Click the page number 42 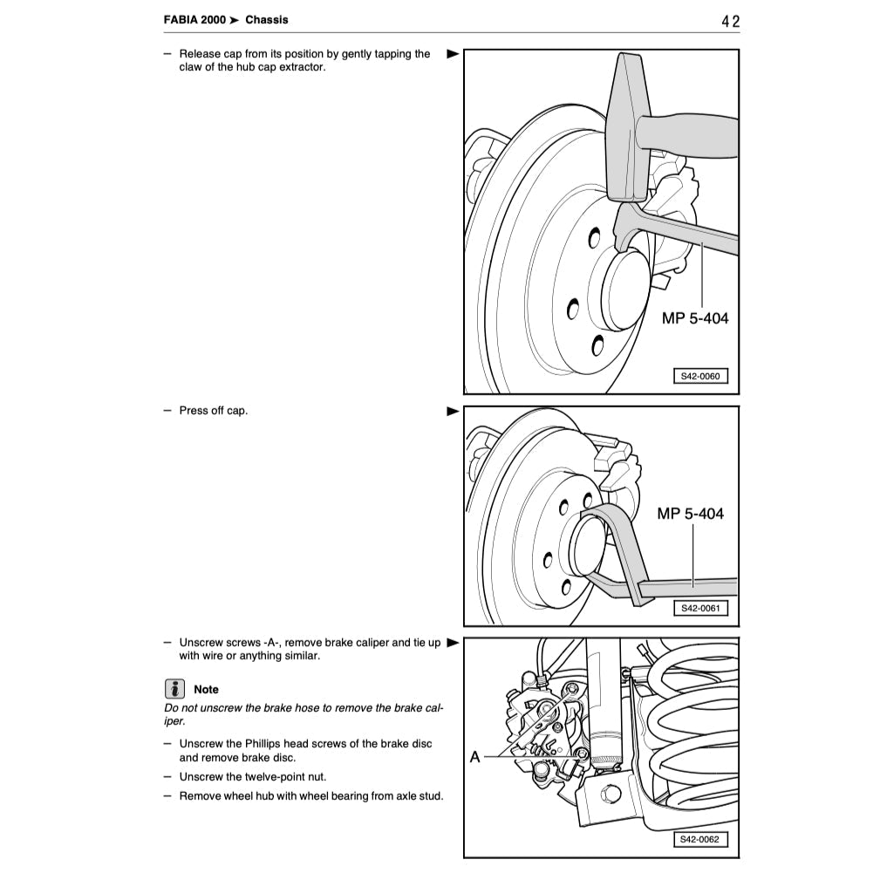[730, 21]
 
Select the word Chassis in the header [266, 19]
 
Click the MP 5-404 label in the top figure [694, 318]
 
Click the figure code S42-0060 [699, 377]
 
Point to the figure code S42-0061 [699, 608]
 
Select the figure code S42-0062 [699, 840]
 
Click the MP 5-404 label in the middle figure [690, 514]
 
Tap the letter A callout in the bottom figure [474, 757]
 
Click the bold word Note [207, 689]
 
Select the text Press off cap [213, 411]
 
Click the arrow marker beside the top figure [452, 54]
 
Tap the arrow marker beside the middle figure [452, 411]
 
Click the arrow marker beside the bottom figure [452, 643]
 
